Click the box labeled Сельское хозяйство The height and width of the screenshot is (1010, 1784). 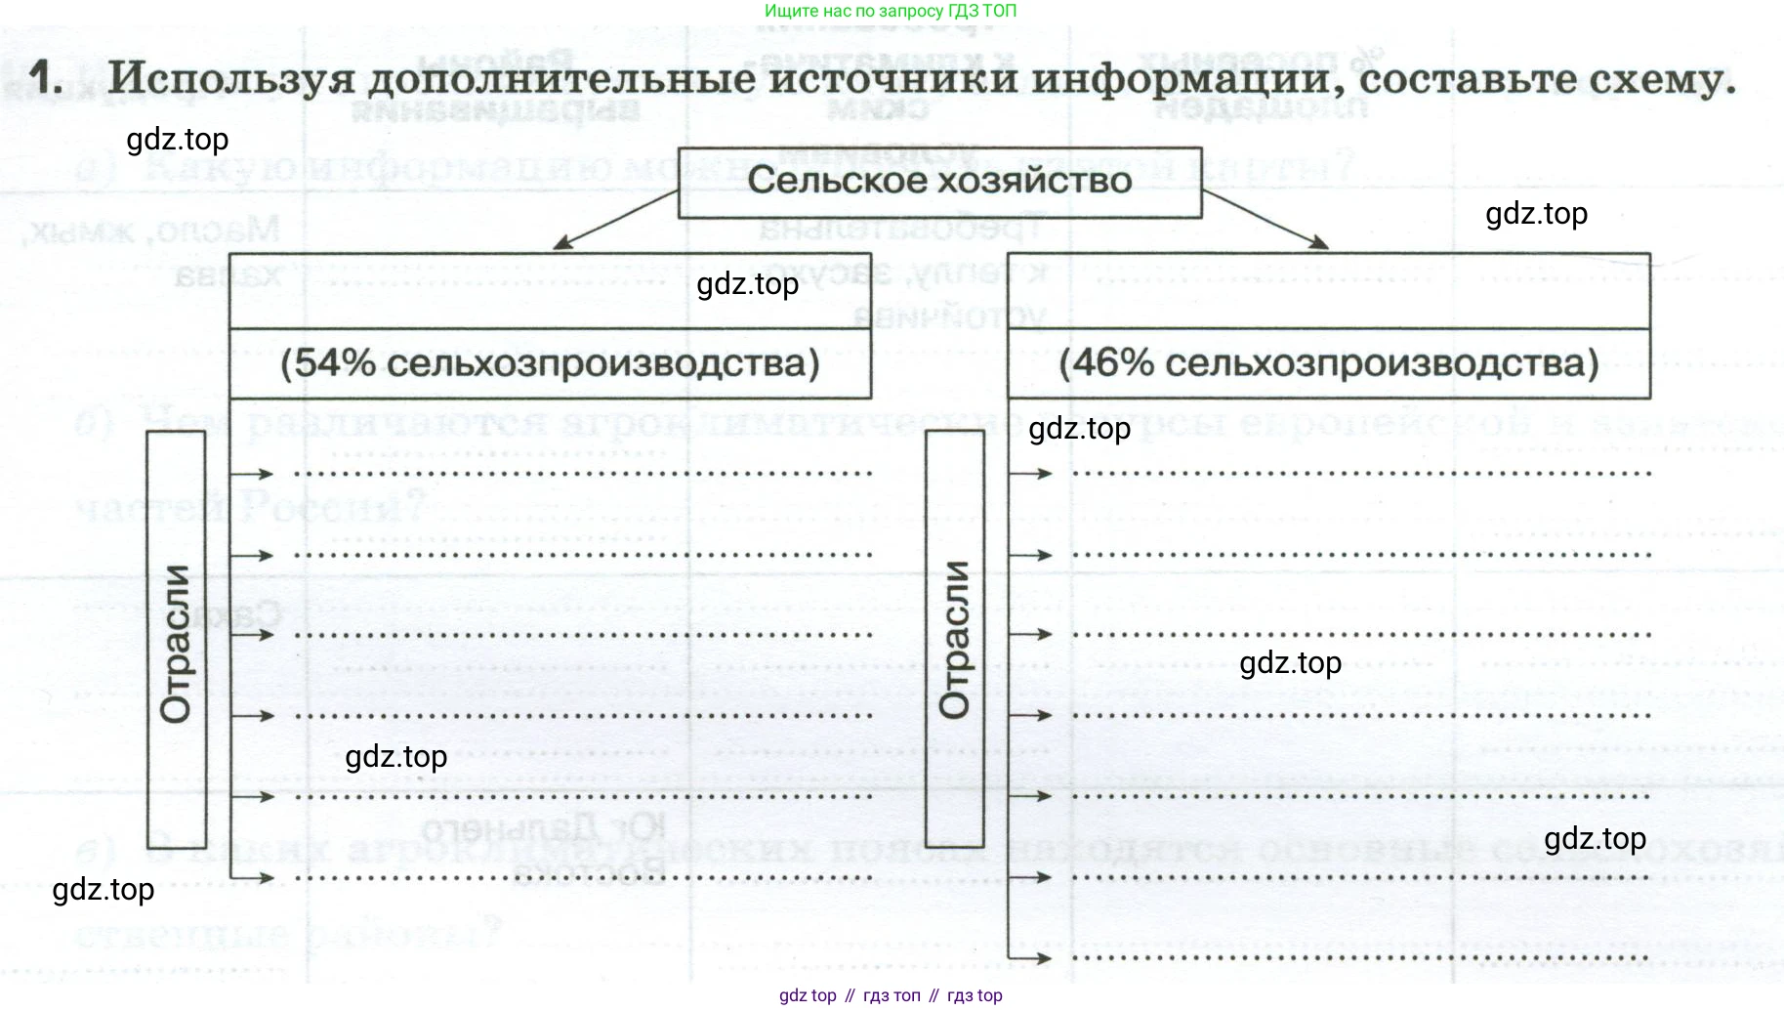point(939,182)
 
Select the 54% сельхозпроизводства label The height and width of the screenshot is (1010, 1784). point(550,363)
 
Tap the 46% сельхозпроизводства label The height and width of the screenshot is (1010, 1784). point(1328,363)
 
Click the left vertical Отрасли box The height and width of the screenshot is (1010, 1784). point(176,640)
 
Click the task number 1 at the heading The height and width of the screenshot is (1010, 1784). point(45,76)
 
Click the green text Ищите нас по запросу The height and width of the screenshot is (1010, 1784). point(890,11)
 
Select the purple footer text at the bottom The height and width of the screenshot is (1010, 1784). point(891,995)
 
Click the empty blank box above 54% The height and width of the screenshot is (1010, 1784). point(550,291)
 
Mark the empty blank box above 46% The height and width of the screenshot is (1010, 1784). point(1328,291)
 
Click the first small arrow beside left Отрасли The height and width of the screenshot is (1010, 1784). point(252,474)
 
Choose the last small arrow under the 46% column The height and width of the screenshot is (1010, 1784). point(1030,958)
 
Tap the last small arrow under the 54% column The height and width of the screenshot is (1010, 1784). point(252,877)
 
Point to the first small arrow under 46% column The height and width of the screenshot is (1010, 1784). point(1030,474)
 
